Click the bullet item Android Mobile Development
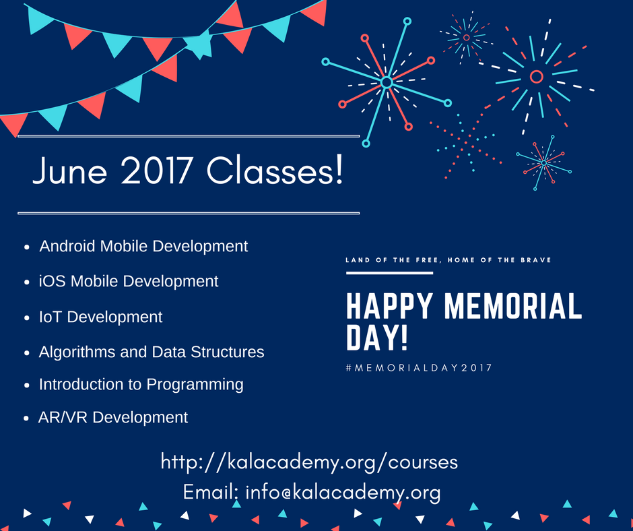point(143,247)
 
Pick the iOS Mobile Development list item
point(129,281)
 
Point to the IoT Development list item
point(100,317)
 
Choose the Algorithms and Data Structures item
point(152,352)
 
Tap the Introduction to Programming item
point(141,385)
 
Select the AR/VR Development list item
point(113,418)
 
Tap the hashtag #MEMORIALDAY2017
point(418,368)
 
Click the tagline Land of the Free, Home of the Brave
point(448,260)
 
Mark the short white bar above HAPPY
point(389,273)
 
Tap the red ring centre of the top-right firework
point(536,77)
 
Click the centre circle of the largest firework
point(386,82)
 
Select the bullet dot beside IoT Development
point(26,318)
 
